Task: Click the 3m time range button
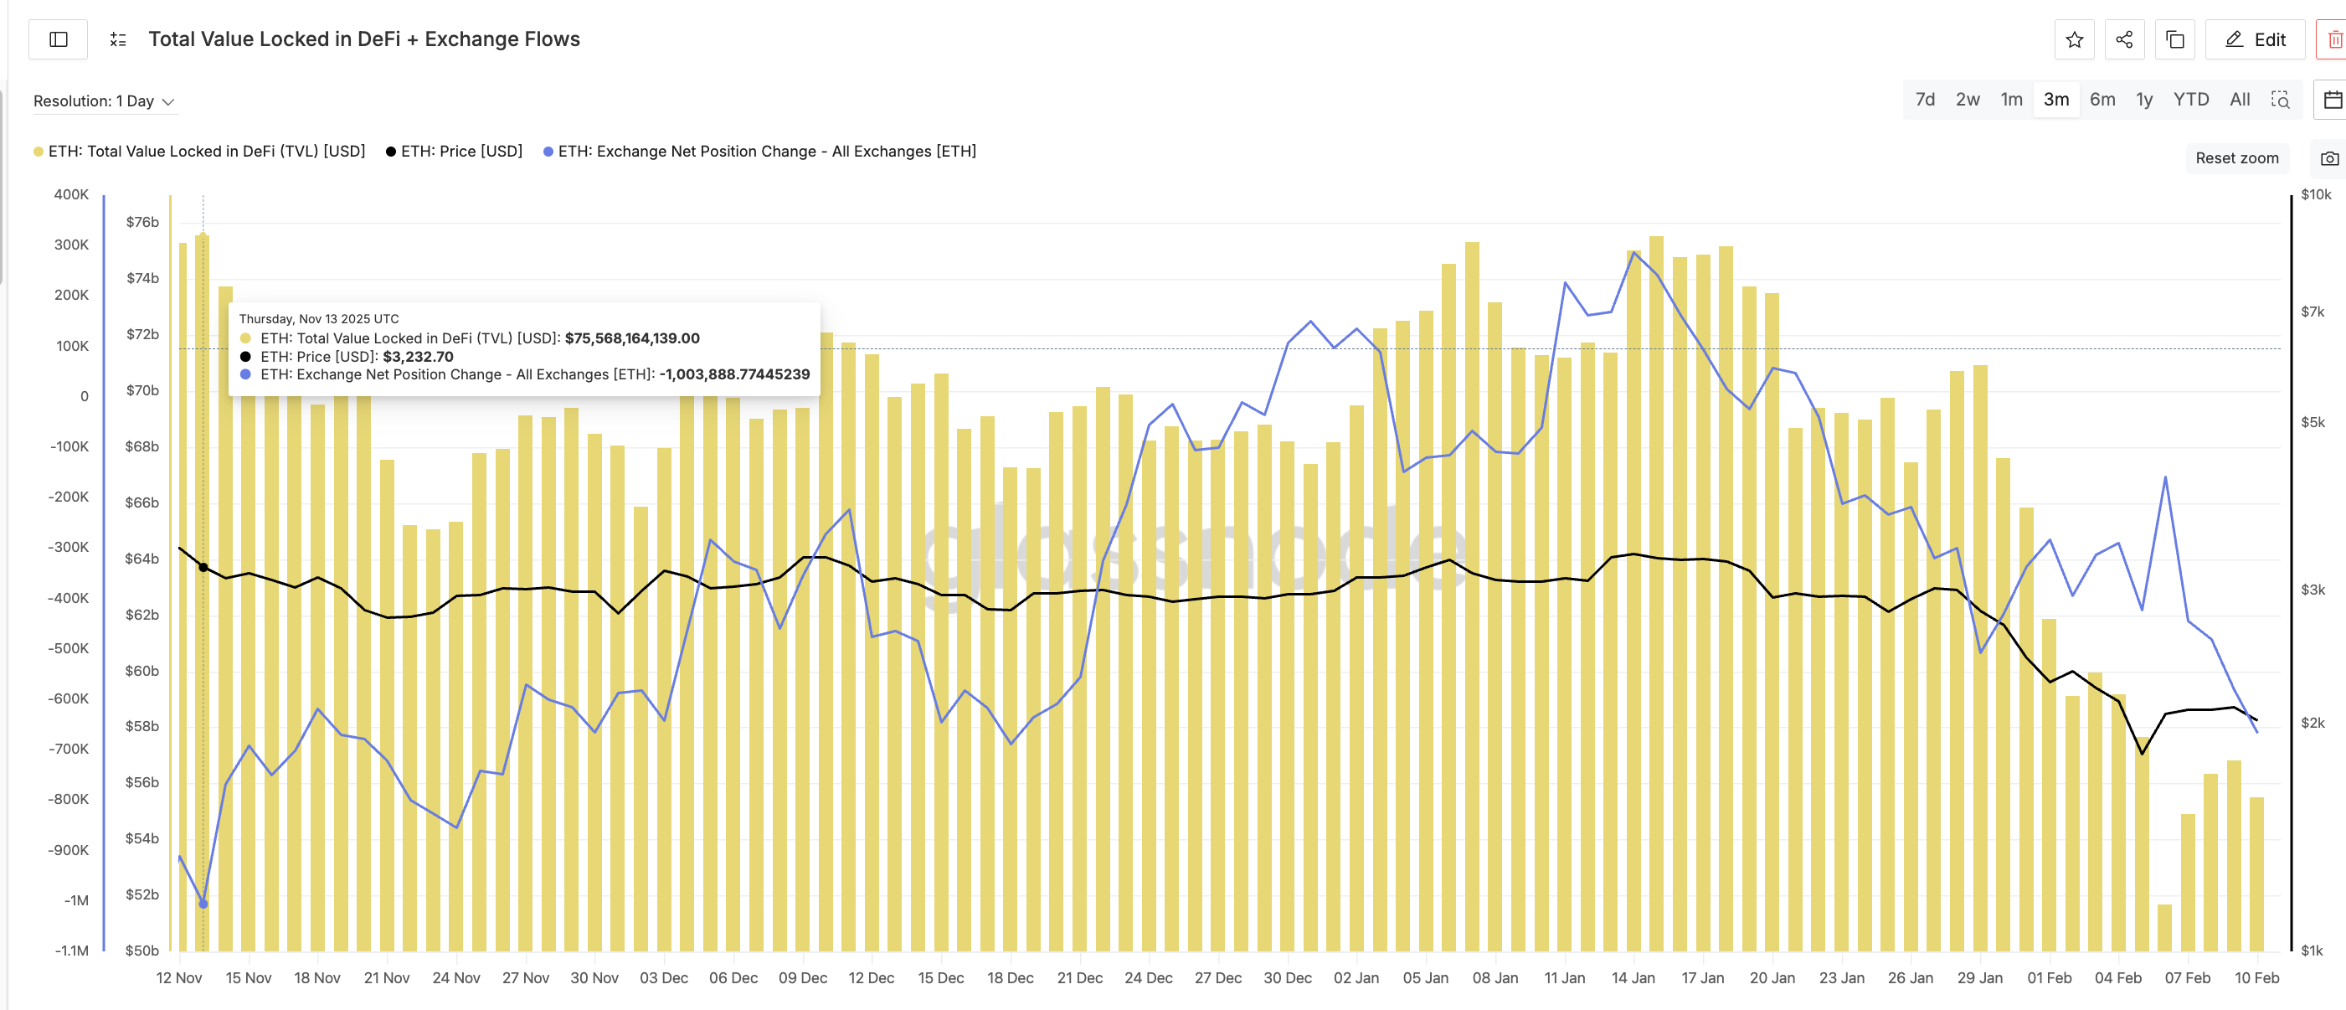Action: point(2055,100)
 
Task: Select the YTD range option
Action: point(2190,100)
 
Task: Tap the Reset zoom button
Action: point(2235,157)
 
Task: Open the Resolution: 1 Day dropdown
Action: point(103,101)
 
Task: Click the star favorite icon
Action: point(2074,39)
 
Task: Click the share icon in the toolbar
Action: point(2124,39)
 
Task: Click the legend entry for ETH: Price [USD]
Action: point(455,152)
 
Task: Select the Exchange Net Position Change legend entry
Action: point(759,152)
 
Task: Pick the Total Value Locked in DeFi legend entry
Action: point(199,152)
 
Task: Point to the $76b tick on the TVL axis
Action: point(142,221)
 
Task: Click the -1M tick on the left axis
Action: point(76,899)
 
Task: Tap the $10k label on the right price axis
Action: point(2315,194)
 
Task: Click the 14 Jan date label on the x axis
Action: point(1632,977)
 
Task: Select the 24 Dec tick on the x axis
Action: point(1148,977)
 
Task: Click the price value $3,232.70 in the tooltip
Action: point(418,356)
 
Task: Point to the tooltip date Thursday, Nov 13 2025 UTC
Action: point(319,319)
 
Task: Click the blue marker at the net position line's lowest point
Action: point(203,904)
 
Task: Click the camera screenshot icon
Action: point(2328,158)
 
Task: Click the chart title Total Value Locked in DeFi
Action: point(363,39)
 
